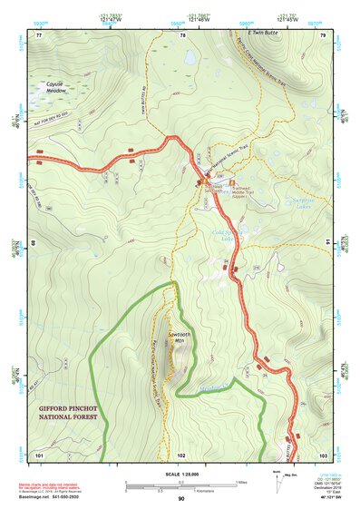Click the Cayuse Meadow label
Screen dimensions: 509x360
point(56,87)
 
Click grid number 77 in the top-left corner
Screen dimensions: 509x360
point(40,35)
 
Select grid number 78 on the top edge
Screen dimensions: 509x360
point(183,35)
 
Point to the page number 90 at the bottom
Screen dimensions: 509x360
point(181,498)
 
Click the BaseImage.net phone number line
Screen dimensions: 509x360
point(54,498)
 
